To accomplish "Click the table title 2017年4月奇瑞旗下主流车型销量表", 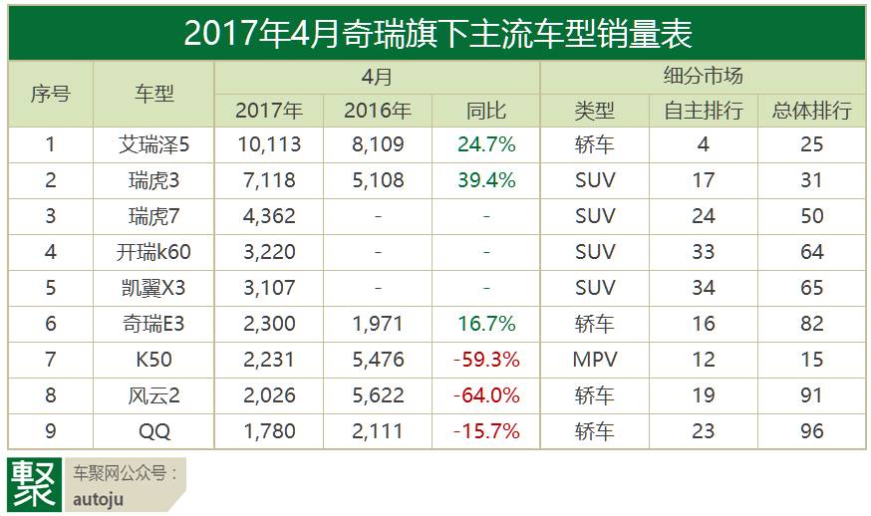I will pyautogui.click(x=436, y=34).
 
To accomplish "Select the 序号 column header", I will pyautogui.click(x=50, y=94).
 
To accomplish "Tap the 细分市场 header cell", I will pyautogui.click(x=703, y=76).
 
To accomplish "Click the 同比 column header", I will pyautogui.click(x=486, y=111).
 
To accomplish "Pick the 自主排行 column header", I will pyautogui.click(x=703, y=111).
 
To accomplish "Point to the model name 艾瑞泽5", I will pyautogui.click(x=153, y=144).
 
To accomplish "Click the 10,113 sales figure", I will pyautogui.click(x=269, y=144).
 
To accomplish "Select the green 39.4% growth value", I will pyautogui.click(x=486, y=180).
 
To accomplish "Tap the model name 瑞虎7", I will pyautogui.click(x=153, y=216).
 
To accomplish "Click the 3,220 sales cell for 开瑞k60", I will pyautogui.click(x=269, y=252).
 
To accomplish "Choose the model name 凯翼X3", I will pyautogui.click(x=153, y=288).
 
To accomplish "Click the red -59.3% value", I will pyautogui.click(x=486, y=360).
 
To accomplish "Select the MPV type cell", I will pyautogui.click(x=595, y=360).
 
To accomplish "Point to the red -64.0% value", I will pyautogui.click(x=486, y=395).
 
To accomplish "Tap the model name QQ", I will pyautogui.click(x=153, y=431).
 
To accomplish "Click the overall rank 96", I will pyautogui.click(x=812, y=431).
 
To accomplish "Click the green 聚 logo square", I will pyautogui.click(x=34, y=484).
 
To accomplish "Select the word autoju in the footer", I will pyautogui.click(x=99, y=499).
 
